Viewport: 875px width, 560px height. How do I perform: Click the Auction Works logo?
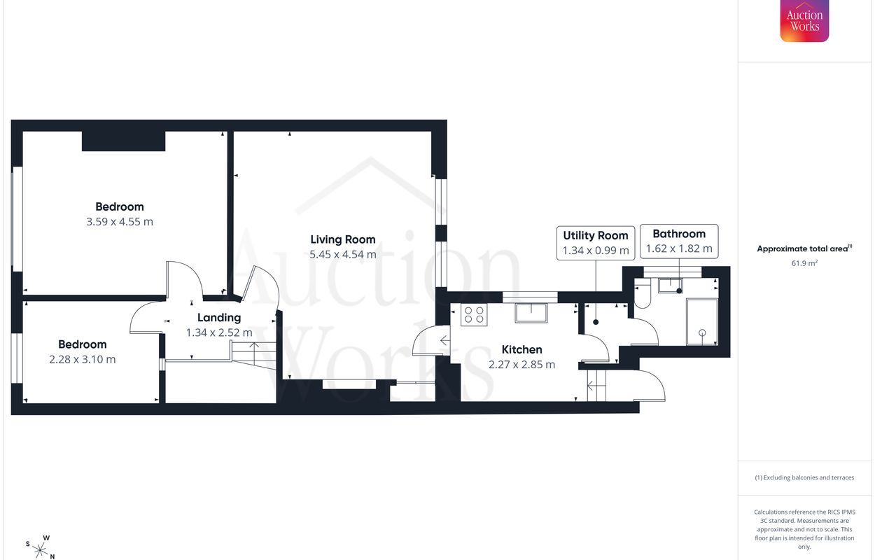point(804,21)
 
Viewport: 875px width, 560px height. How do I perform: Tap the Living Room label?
point(342,239)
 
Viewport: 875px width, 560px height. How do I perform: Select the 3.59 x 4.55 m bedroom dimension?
point(120,222)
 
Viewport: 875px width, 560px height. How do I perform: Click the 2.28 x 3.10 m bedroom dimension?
point(83,359)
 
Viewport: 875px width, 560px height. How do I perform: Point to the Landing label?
point(219,318)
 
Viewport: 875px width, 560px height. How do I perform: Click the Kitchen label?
point(522,349)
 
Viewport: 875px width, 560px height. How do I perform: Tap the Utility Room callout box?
point(596,243)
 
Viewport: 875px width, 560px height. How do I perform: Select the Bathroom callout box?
point(679,241)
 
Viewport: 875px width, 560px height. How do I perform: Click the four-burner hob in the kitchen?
point(474,315)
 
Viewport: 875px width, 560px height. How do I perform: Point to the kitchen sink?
point(531,313)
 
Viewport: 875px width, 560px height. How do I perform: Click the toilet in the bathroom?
point(642,295)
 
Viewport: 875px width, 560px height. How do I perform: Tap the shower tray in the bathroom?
point(702,322)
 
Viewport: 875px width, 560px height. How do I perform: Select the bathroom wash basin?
point(671,286)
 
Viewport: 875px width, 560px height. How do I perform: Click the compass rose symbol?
point(40,549)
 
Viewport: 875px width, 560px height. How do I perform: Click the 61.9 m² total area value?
point(805,263)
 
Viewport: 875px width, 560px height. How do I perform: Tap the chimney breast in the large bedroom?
point(123,141)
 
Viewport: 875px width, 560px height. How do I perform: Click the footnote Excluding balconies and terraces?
point(804,477)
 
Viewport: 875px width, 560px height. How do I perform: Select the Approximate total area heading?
point(805,248)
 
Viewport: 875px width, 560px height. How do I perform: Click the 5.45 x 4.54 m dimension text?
point(343,255)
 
